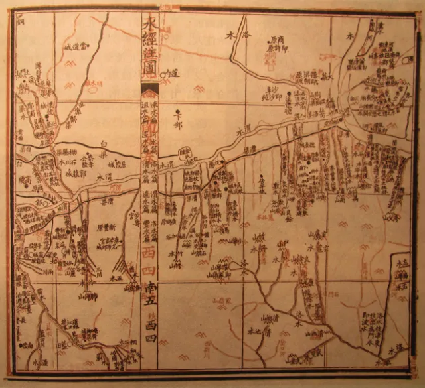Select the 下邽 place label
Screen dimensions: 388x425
177,123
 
